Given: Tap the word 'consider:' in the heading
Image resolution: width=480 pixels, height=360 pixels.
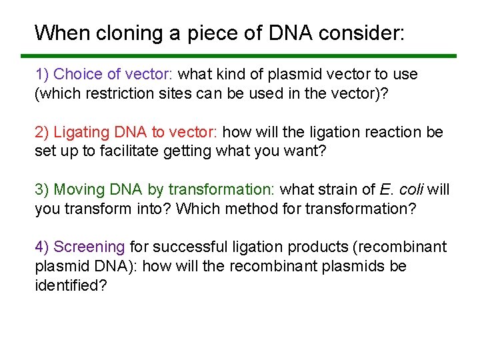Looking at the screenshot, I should pyautogui.click(x=365, y=33).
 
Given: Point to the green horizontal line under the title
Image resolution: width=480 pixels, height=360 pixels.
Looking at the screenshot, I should pyautogui.click(x=239, y=56).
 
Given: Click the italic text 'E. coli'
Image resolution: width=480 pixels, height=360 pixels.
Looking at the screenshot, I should pyautogui.click(x=403, y=190).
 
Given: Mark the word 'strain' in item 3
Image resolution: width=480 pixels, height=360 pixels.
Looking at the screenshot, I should pyautogui.click(x=338, y=190).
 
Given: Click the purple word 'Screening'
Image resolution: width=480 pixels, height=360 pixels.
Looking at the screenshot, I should pyautogui.click(x=89, y=247).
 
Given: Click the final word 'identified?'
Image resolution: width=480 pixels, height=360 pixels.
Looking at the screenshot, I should pyautogui.click(x=71, y=285).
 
